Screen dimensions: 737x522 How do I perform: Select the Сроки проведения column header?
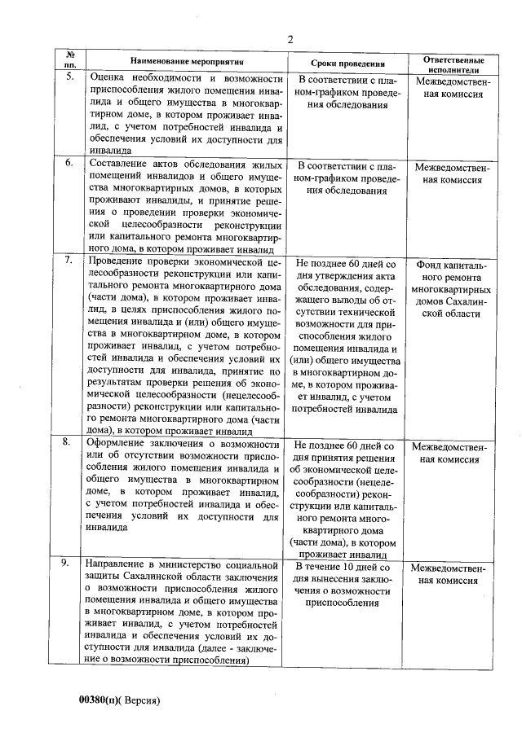point(347,63)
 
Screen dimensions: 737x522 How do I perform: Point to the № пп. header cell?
point(70,62)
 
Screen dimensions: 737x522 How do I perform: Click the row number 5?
point(70,77)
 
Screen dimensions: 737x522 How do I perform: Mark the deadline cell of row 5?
point(347,93)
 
